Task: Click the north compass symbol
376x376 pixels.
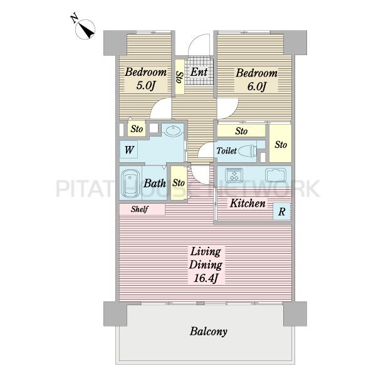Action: pos(85,28)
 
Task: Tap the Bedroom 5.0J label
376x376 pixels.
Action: pos(145,79)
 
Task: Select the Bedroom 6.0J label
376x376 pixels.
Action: pos(256,80)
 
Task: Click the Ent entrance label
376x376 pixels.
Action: pos(199,72)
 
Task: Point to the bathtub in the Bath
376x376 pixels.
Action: pos(130,183)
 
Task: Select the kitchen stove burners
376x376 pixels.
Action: pos(234,175)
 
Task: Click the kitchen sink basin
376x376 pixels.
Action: pos(276,175)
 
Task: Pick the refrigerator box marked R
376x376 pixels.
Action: pos(282,212)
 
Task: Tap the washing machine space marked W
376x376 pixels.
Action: pos(129,150)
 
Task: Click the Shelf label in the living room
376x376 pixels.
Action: pos(140,209)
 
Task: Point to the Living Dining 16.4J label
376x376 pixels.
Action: pos(206,265)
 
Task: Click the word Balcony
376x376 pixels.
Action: pos(209,332)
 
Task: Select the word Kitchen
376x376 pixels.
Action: pos(248,203)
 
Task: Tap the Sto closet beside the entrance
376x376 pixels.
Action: pos(180,76)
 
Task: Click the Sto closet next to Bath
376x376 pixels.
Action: pos(179,183)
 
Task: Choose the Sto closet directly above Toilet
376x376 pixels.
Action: pos(241,131)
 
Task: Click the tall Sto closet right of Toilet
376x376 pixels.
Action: pos(280,144)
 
